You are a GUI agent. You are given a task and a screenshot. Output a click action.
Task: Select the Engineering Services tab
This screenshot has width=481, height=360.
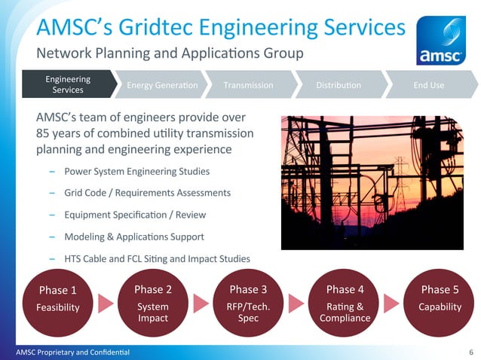68,84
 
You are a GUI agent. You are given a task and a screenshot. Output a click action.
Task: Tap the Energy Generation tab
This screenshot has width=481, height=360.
161,85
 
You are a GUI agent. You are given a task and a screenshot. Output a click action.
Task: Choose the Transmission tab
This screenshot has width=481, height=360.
249,85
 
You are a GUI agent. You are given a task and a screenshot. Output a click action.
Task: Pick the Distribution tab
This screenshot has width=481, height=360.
339,85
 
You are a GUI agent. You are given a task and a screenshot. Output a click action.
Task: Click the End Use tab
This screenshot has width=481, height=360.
428,85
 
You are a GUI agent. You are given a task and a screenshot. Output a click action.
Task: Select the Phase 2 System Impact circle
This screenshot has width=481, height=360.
153,301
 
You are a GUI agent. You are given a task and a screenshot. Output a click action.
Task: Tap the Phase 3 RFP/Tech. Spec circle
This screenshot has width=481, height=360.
249,301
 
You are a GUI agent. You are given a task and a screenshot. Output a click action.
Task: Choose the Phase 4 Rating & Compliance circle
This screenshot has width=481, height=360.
345,301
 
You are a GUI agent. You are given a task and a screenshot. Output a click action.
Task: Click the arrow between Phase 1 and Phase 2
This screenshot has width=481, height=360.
106,303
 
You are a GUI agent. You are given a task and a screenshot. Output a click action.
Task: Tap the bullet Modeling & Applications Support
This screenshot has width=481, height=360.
134,236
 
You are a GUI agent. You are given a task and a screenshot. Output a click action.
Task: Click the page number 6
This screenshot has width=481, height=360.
471,352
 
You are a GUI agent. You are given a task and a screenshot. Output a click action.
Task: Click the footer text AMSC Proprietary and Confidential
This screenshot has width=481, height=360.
67,352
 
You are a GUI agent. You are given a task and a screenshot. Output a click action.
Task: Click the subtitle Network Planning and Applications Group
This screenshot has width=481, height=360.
170,53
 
